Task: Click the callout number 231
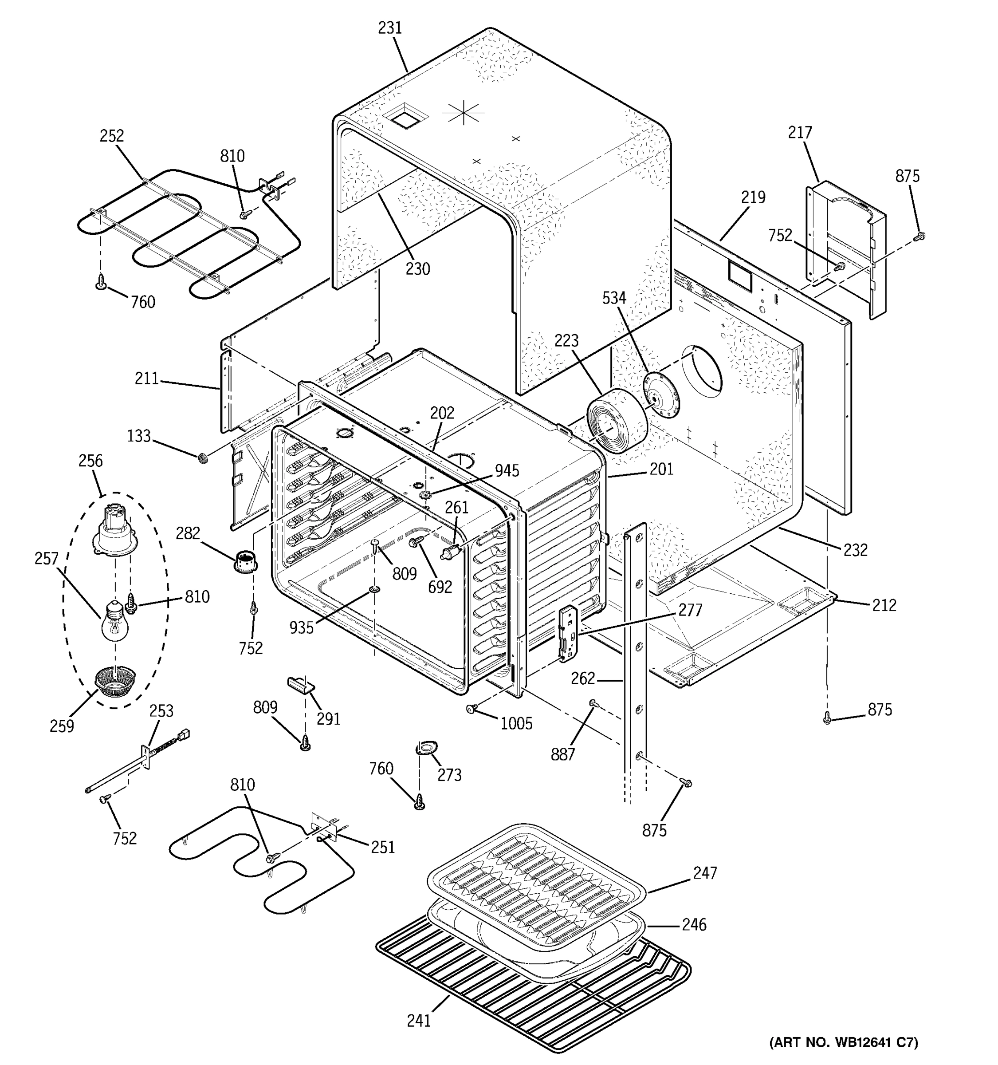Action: (390, 28)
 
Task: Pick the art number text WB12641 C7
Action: (843, 1042)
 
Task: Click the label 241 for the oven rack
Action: (418, 1021)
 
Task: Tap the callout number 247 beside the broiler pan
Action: (705, 873)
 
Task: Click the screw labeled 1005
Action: (471, 709)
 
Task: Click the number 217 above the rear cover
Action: (800, 132)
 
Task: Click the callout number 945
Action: (507, 470)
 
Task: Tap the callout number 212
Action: (884, 605)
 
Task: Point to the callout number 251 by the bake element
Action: (382, 847)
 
